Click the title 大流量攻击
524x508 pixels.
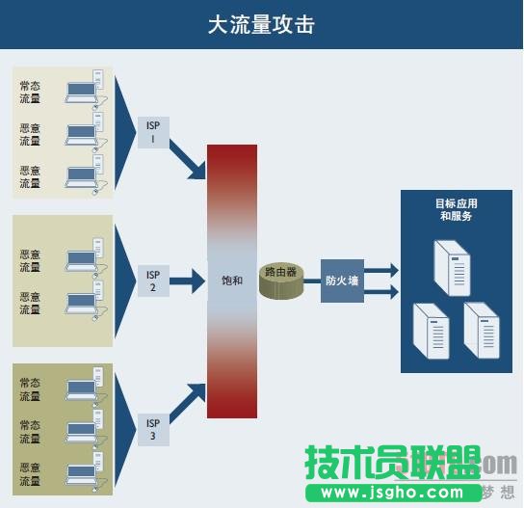point(261,24)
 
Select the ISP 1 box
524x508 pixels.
point(152,133)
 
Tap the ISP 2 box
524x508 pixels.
point(152,280)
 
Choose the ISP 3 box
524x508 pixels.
point(152,429)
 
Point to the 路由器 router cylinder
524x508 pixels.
point(281,280)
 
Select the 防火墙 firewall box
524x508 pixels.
point(341,281)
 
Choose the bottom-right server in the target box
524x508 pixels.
point(482,330)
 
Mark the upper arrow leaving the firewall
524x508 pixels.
point(381,271)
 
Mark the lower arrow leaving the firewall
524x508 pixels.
point(381,290)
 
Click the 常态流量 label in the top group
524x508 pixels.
point(30,92)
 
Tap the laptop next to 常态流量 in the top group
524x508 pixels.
point(83,91)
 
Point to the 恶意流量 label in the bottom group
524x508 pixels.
point(30,473)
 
